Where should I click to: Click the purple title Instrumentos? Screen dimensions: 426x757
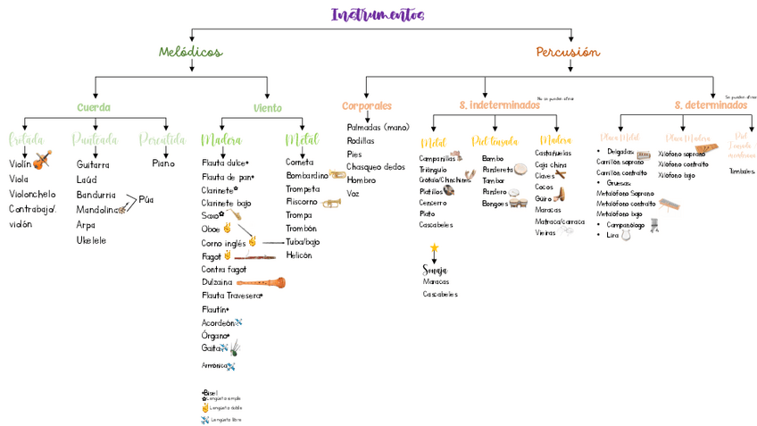coord(378,15)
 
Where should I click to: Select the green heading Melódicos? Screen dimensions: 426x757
coord(190,52)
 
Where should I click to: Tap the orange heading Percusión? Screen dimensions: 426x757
coord(568,52)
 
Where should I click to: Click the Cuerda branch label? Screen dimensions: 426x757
coord(94,107)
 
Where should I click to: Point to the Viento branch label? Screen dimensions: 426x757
coord(267,108)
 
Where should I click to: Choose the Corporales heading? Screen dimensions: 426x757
coord(367,105)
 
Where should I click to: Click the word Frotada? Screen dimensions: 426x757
coord(25,139)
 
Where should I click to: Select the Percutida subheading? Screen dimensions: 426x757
coord(162,139)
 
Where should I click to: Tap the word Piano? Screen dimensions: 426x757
coord(163,163)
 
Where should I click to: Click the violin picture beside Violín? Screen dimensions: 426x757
coord(42,161)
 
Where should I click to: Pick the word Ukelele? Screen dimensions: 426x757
coord(91,240)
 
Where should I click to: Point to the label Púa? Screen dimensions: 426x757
coord(146,199)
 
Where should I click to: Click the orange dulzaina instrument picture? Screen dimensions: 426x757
coord(261,282)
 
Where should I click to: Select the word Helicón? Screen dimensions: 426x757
coord(299,255)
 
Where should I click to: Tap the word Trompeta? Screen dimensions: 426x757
coord(303,188)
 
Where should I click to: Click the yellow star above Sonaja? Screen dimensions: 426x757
coord(434,247)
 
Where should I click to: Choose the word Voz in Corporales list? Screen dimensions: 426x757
coord(354,193)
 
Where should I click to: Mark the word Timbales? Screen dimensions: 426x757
coord(741,171)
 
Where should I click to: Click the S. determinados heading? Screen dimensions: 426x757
coord(711,105)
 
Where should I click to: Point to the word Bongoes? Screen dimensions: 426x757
coord(495,203)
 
